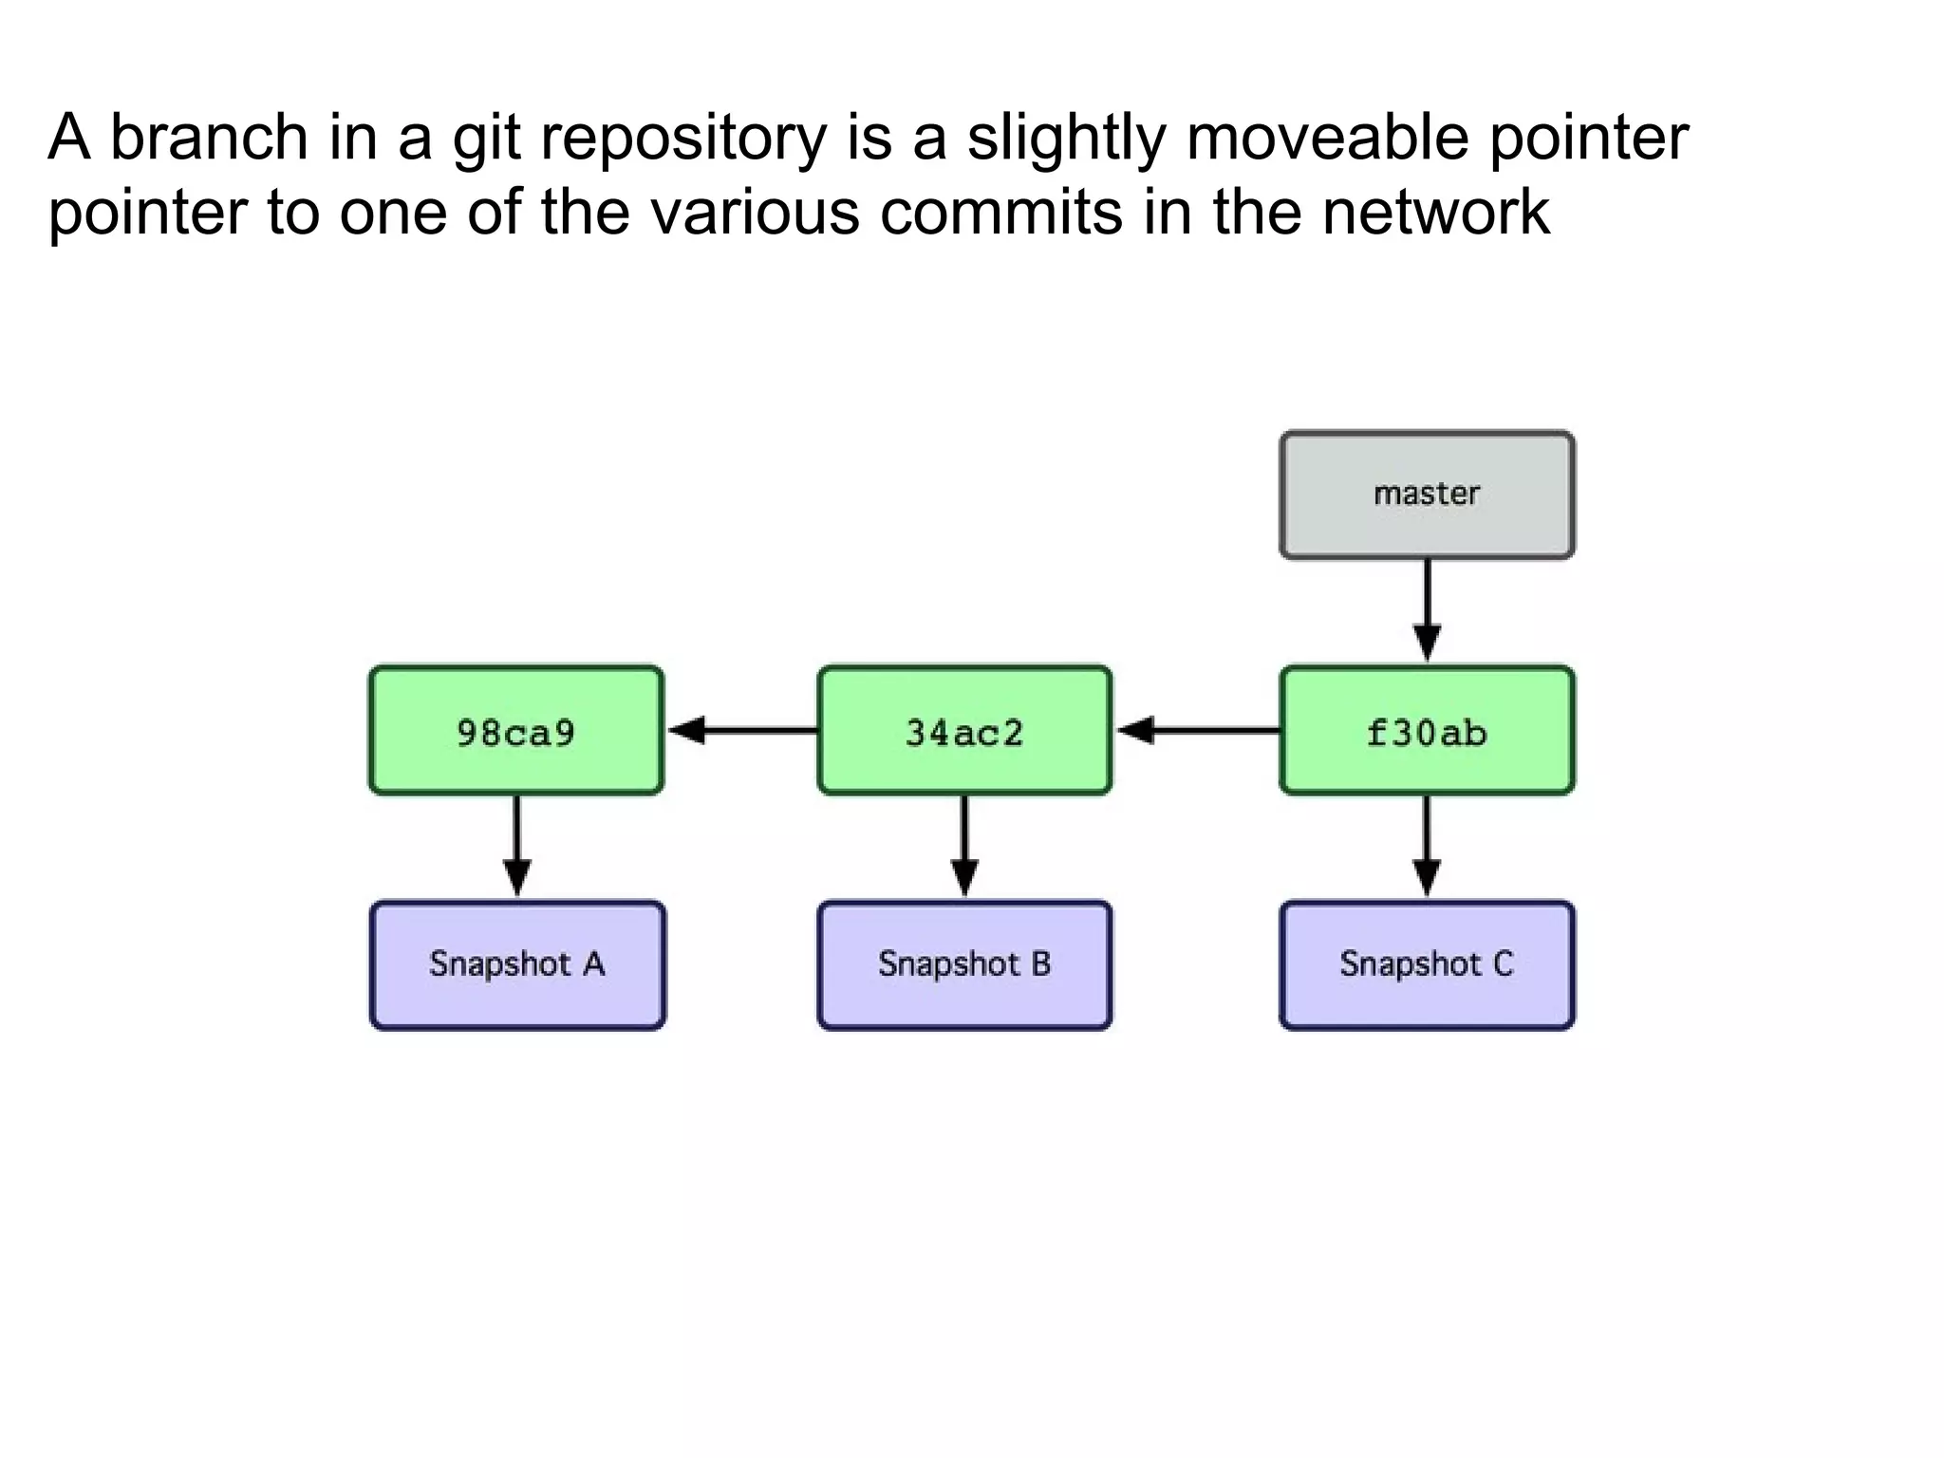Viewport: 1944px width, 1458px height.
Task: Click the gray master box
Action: (x=1427, y=495)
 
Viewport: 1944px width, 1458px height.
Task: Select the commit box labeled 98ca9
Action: (x=515, y=731)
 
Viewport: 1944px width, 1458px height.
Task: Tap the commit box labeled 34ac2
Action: (x=963, y=731)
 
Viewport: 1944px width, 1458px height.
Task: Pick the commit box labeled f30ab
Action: (x=1427, y=731)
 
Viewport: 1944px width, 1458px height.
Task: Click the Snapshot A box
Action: (x=516, y=964)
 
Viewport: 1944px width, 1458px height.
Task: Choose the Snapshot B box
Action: (x=963, y=964)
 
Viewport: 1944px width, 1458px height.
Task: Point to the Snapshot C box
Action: (x=1427, y=964)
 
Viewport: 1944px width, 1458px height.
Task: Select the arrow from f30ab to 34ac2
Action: (x=1196, y=730)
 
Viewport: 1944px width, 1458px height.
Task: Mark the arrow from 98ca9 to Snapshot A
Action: (x=516, y=845)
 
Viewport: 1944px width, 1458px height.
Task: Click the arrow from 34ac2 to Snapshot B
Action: (x=964, y=845)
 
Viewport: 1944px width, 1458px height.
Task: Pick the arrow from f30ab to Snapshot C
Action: (x=1427, y=845)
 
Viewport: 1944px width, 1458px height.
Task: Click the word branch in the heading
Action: (x=210, y=137)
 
